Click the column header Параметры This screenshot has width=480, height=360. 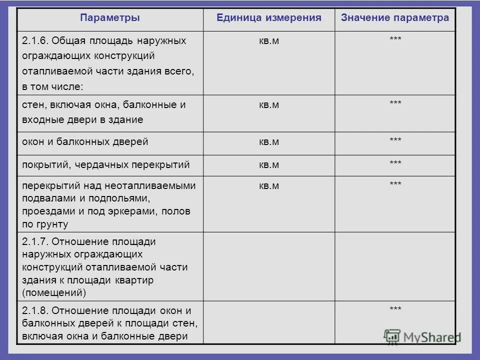pos(109,18)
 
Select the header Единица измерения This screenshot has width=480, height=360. pos(268,18)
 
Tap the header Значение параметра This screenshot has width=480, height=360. pos(395,18)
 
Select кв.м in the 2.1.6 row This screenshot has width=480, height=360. pos(268,41)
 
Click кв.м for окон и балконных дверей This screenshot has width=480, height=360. pos(268,142)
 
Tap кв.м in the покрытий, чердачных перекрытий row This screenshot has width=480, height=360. pos(268,164)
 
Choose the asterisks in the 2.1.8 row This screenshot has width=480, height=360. pos(395,309)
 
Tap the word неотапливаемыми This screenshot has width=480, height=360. pos(150,186)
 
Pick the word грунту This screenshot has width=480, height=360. pos(52,224)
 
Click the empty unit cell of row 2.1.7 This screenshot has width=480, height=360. pos(268,266)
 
